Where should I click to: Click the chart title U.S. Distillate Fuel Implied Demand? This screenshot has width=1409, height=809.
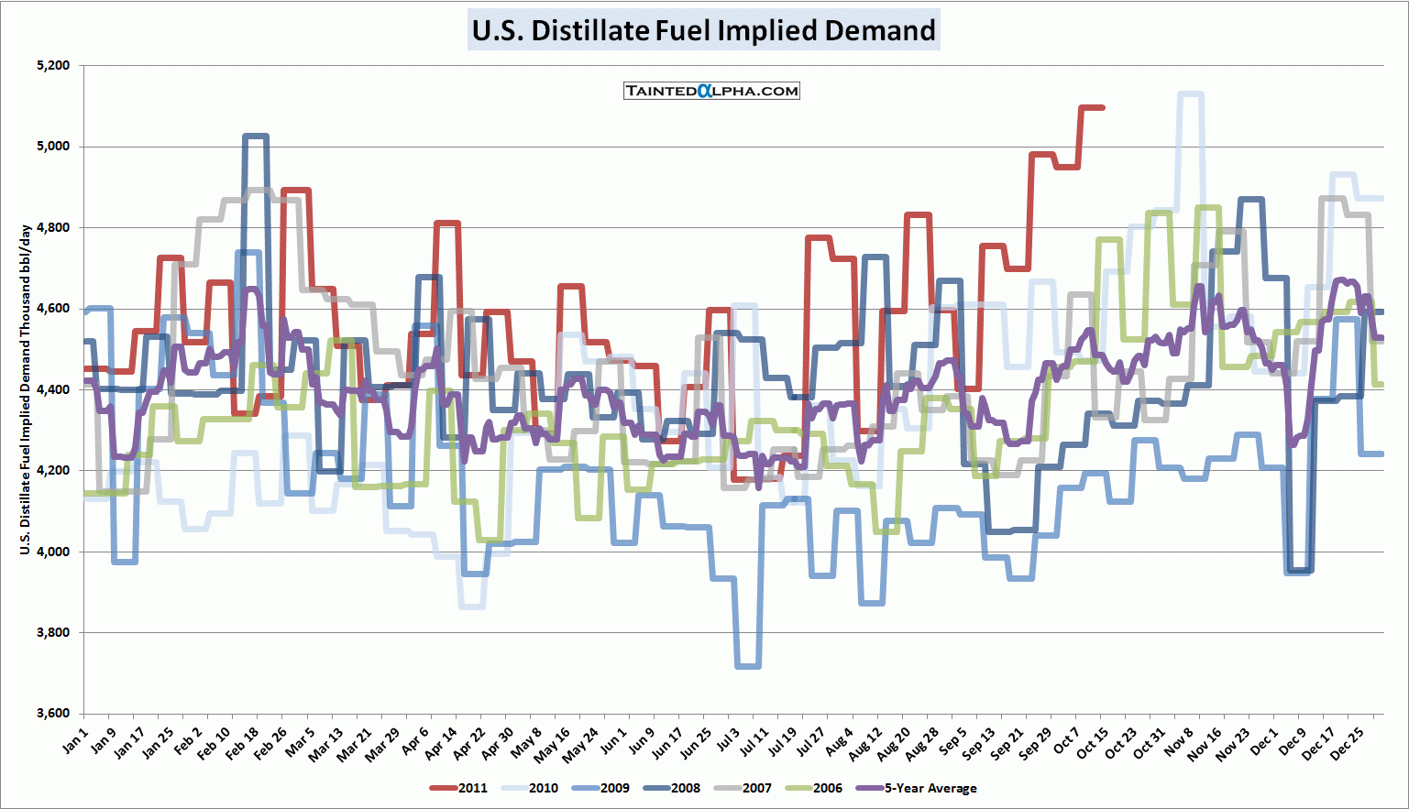[703, 30]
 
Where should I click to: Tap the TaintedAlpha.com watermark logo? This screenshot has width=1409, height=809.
[711, 91]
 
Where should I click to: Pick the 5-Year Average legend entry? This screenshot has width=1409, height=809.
[918, 788]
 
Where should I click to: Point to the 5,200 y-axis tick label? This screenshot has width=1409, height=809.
[53, 66]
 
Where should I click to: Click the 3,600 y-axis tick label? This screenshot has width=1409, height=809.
[53, 714]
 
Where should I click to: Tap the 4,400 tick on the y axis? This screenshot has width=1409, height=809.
[53, 389]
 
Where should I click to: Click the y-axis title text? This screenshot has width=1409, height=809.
[26, 389]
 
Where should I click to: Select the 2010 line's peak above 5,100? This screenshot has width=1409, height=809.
[1190, 93]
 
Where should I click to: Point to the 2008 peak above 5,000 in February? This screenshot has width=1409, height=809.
[256, 137]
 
